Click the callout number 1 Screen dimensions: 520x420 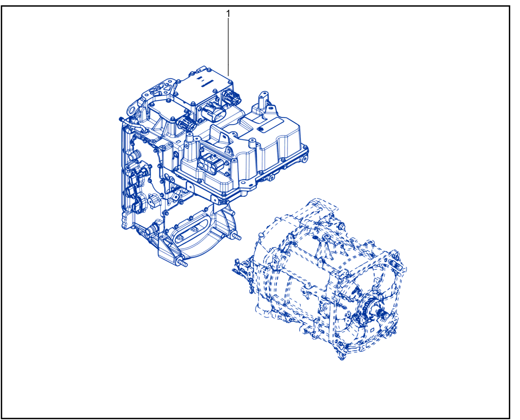[x=228, y=14]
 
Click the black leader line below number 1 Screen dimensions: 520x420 [x=228, y=47]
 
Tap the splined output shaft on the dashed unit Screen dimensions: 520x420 [x=383, y=315]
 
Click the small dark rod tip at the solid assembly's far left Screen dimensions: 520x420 [x=121, y=119]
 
